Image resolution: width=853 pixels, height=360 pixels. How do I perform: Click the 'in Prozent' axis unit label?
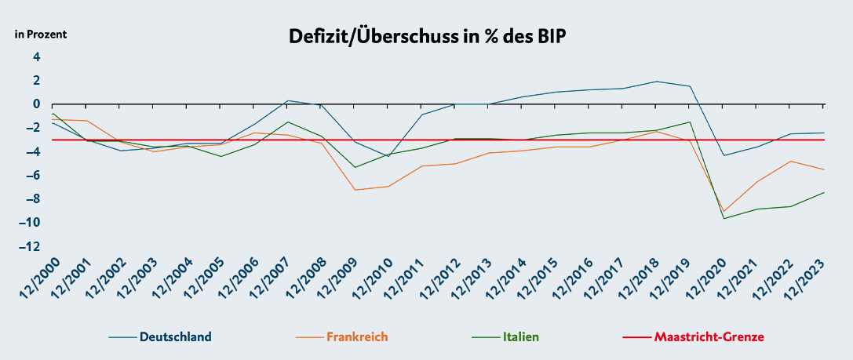[x=41, y=35]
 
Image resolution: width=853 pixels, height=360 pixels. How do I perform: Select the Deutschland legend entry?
[x=175, y=337]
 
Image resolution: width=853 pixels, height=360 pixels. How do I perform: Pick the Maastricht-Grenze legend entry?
[x=709, y=337]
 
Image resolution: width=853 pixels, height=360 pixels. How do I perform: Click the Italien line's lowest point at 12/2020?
[x=724, y=218]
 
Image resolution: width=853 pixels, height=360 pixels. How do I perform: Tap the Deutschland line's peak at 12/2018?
[x=656, y=82]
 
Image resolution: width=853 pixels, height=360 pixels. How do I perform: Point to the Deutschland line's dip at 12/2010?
[x=388, y=157]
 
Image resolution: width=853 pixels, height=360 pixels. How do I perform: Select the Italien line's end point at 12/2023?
[x=824, y=192]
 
